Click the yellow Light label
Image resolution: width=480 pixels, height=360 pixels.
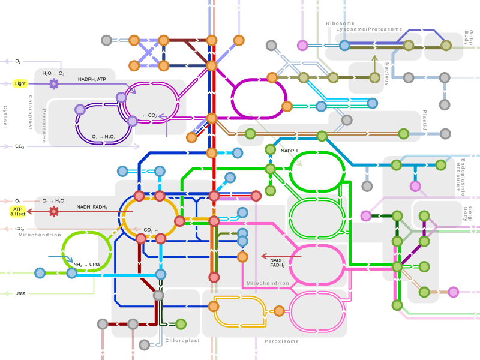[20, 83]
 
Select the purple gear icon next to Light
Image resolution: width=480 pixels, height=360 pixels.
[53, 83]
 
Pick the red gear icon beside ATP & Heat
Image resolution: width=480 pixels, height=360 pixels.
[53, 211]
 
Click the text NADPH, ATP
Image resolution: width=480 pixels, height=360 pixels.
[92, 79]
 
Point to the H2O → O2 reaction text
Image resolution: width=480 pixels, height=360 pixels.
[53, 73]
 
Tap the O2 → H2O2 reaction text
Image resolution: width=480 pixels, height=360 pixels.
[104, 137]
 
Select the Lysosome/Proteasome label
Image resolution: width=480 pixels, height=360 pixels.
[369, 29]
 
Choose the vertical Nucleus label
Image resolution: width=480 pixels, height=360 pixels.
[387, 73]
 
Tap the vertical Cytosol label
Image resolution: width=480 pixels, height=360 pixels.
[5, 116]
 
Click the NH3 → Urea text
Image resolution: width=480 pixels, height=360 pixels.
[86, 265]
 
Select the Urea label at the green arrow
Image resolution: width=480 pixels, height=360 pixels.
[20, 293]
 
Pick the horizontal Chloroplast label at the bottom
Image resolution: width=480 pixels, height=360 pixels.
[182, 340]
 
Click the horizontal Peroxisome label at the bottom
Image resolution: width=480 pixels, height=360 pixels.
[281, 341]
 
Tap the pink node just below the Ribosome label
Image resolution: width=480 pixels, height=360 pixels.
[303, 45]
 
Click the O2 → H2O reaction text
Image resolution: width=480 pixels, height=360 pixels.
[53, 201]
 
